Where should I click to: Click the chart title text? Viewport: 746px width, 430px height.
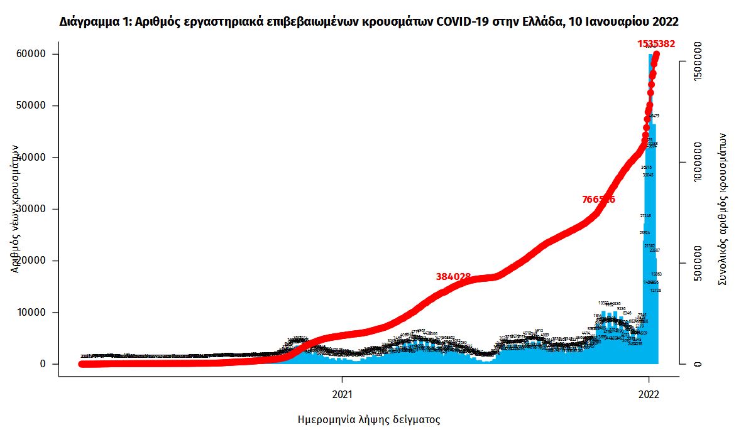pyautogui.click(x=369, y=22)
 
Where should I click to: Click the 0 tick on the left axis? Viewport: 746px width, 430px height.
pyautogui.click(x=43, y=364)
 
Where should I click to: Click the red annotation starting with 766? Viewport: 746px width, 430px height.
pyautogui.click(x=598, y=200)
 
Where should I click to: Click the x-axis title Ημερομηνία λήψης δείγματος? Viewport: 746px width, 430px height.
pyautogui.click(x=368, y=419)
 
